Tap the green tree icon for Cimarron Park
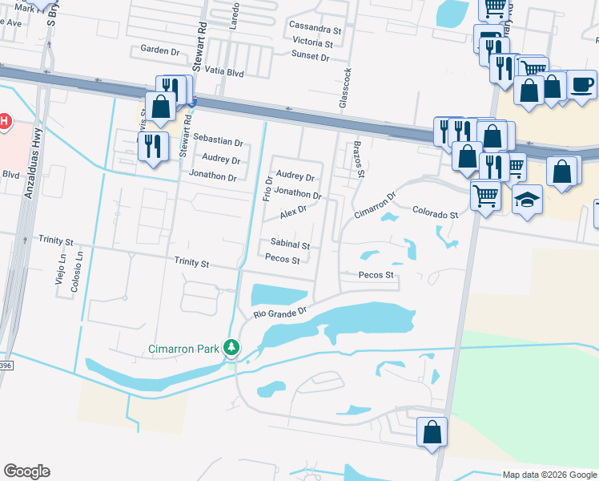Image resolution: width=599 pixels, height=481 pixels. pyautogui.click(x=231, y=348)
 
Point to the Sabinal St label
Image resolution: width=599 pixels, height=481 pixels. pyautogui.click(x=290, y=244)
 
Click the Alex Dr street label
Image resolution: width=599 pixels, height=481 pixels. pyautogui.click(x=294, y=212)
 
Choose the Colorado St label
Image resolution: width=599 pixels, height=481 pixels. pyautogui.click(x=435, y=215)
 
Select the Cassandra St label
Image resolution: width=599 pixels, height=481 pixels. pyautogui.click(x=316, y=29)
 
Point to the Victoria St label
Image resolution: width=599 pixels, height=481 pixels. pyautogui.click(x=312, y=43)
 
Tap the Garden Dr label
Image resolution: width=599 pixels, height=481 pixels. pyautogui.click(x=160, y=50)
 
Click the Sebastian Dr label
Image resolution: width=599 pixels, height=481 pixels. pyautogui.click(x=217, y=142)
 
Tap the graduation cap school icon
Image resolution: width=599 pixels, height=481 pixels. pyautogui.click(x=527, y=200)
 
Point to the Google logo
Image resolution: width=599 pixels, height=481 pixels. pyautogui.click(x=26, y=471)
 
